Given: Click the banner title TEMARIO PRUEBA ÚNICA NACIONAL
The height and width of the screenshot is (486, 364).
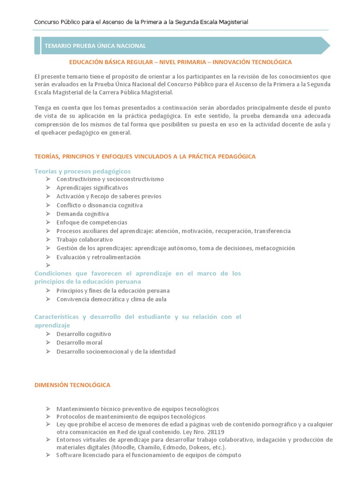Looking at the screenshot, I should coord(95,46).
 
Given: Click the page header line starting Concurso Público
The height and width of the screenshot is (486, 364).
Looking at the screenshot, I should coord(141,22).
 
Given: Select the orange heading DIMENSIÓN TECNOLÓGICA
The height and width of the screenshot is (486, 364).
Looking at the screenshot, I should coord(72,385).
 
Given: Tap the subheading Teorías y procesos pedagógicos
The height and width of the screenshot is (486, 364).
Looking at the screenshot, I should coord(82,171).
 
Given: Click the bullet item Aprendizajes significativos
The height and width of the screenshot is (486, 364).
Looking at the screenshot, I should coord(92,187).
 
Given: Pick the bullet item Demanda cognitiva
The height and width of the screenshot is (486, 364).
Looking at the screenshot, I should coord(82,214).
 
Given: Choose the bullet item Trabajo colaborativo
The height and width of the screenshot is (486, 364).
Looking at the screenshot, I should coord(84,240).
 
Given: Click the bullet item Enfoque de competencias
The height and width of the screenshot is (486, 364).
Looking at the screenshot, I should coord(91,222).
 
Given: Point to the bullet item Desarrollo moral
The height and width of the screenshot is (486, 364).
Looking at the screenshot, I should coord(79,342).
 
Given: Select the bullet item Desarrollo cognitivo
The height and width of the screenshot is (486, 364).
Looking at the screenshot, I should coord(83,334).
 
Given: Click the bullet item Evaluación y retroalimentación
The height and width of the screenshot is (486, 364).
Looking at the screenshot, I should coord(98,257).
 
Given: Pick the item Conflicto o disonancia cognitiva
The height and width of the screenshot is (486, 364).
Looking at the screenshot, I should coord(99,205).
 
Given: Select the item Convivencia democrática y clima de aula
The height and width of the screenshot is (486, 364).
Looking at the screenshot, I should coord(111,299).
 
